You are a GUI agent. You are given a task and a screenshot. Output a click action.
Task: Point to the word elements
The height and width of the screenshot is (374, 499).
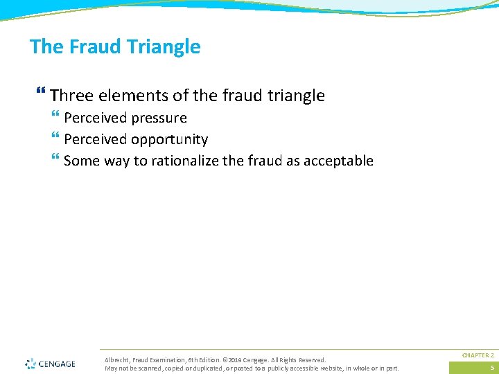[125, 96]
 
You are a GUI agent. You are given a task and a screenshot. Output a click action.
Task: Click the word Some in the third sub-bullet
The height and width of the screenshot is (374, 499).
[81, 161]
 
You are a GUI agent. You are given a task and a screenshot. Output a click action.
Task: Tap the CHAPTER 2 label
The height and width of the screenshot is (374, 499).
[478, 355]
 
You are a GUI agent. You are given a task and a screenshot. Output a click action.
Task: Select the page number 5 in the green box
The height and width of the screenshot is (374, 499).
[492, 368]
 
